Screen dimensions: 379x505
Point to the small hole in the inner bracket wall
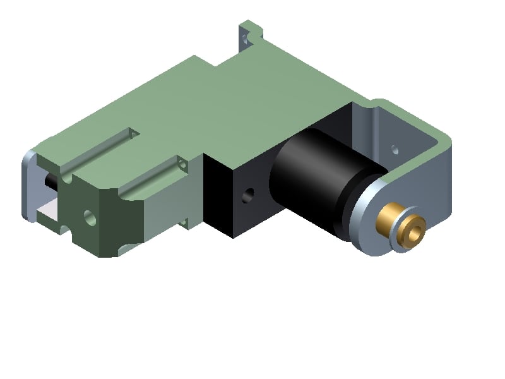(395, 150)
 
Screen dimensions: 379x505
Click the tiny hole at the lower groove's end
(183, 165)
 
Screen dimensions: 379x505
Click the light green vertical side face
(170, 208)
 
